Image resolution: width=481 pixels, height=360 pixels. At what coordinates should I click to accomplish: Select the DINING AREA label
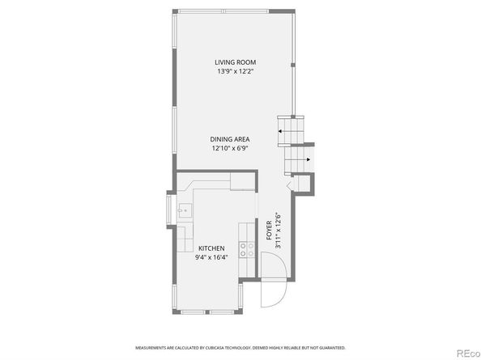(x=230, y=139)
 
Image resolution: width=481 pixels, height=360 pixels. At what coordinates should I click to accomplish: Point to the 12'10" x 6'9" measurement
(x=230, y=148)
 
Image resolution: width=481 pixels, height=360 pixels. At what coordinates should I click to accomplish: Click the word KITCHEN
(x=211, y=248)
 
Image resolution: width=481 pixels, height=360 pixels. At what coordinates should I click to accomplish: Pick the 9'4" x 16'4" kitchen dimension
(x=211, y=257)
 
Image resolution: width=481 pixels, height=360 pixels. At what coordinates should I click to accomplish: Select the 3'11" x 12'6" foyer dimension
(x=278, y=230)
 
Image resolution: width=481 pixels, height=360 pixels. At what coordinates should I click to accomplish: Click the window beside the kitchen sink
(x=170, y=212)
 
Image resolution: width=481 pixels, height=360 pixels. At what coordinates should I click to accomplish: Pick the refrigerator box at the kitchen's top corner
(x=242, y=180)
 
